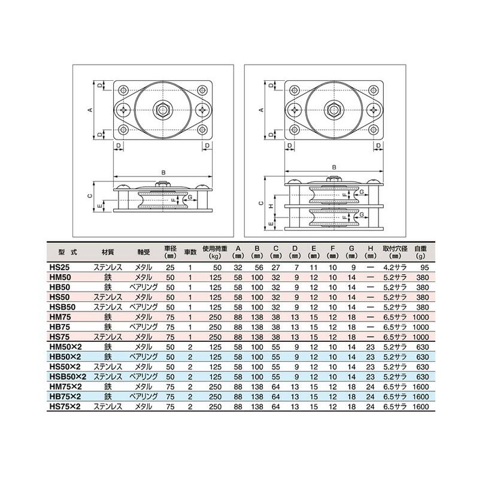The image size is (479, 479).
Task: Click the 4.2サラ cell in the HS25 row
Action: coord(395,266)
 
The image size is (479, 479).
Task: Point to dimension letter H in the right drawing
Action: coord(271,206)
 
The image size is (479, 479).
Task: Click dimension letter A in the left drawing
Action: coord(89,110)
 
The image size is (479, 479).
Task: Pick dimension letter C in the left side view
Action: coord(89,196)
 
